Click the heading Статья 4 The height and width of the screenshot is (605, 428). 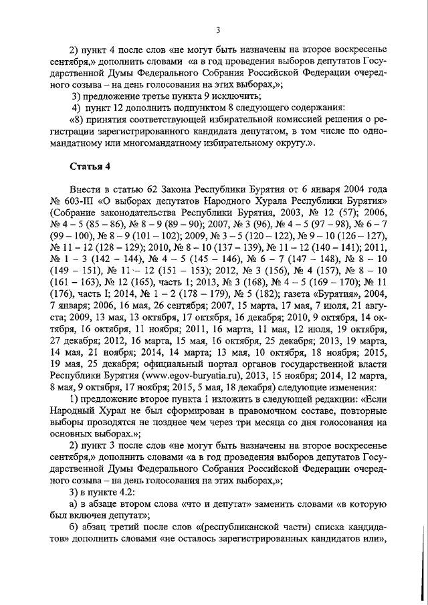pos(89,166)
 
